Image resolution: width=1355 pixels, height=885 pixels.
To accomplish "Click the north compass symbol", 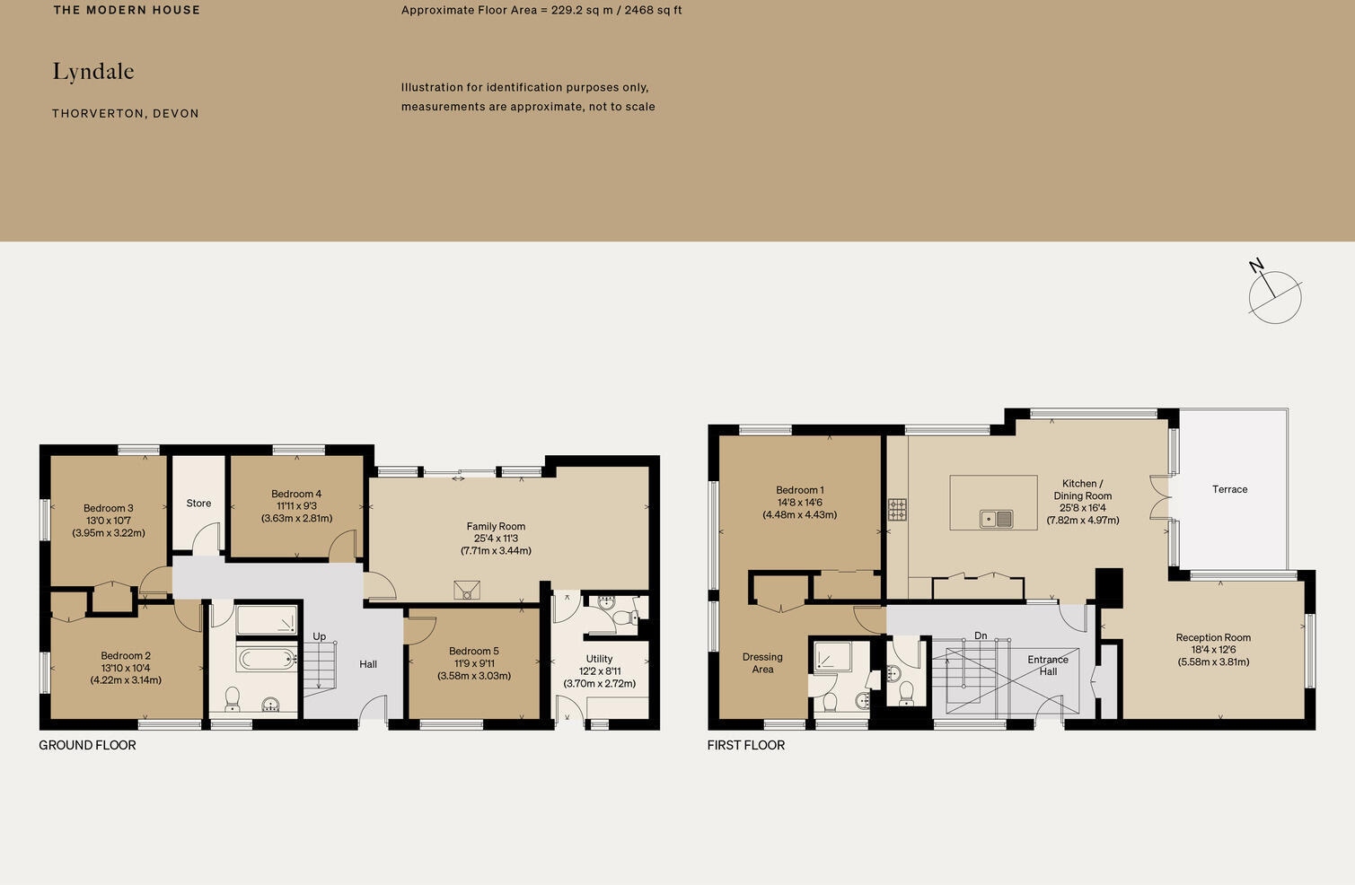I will (x=1274, y=296).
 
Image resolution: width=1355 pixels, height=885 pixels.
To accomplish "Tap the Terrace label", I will (x=1229, y=489).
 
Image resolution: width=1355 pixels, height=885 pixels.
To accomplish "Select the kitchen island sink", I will (x=996, y=519).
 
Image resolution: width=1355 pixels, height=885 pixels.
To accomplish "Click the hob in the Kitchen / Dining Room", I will (x=897, y=510).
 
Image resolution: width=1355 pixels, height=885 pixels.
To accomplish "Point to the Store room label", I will (x=198, y=504).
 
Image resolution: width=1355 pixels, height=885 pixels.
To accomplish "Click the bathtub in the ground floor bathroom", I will (x=267, y=660).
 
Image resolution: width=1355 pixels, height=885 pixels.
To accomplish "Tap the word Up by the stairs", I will (x=319, y=636).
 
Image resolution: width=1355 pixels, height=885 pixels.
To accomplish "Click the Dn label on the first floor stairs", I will (x=981, y=635).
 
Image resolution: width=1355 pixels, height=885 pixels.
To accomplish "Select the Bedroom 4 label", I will (x=296, y=494).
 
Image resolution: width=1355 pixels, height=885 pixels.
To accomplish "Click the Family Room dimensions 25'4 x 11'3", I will (x=496, y=539).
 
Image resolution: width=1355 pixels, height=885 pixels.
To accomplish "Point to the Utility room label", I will (x=599, y=659).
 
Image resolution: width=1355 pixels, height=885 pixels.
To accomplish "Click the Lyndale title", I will (x=93, y=72).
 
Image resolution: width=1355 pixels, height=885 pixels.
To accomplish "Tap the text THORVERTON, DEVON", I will (x=126, y=114).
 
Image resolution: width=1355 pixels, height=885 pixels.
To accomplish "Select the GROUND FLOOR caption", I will (x=87, y=745).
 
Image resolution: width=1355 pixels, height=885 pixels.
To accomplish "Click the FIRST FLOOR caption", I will (x=745, y=745).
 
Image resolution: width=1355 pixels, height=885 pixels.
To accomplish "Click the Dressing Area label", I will (x=762, y=663).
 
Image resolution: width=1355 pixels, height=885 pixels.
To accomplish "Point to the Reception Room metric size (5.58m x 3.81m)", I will (x=1213, y=662).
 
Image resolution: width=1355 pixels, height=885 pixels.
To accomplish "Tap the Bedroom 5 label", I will (x=474, y=651).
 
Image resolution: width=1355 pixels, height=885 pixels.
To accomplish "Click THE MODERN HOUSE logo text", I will (x=127, y=10).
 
